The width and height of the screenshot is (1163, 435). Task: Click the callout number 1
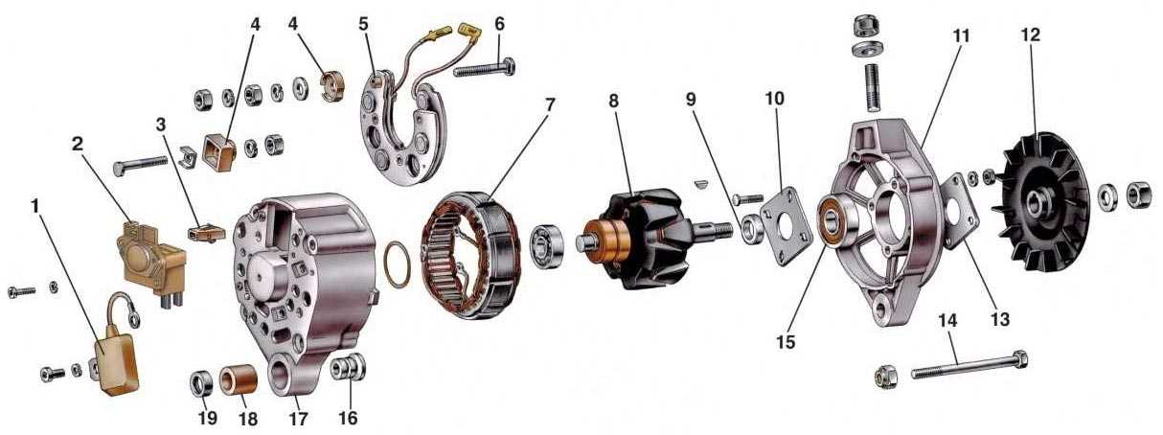tap(34, 207)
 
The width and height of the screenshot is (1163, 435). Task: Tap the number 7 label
tap(549, 104)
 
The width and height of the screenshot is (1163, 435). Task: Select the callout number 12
tap(1030, 34)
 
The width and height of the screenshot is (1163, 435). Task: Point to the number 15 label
tap(787, 342)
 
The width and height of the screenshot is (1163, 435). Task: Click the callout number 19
tap(208, 418)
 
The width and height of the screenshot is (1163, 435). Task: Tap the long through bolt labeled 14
tap(969, 365)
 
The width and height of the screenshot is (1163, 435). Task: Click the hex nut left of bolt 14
tap(887, 375)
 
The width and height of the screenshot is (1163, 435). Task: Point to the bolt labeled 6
tap(485, 68)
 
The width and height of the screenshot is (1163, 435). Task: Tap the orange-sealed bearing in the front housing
tap(833, 223)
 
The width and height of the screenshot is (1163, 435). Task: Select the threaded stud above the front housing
tap(872, 87)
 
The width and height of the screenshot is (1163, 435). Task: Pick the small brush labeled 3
tap(206, 232)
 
